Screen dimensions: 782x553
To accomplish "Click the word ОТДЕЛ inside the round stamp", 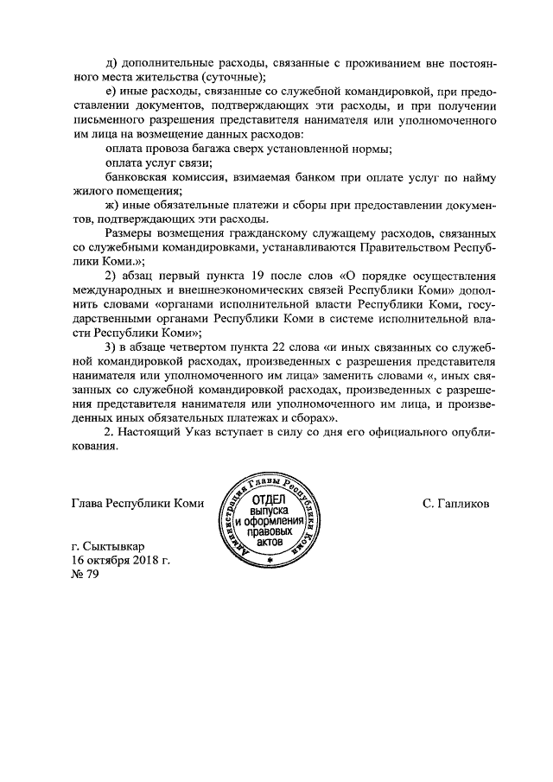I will (270, 500).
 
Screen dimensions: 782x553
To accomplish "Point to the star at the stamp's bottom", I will (270, 563).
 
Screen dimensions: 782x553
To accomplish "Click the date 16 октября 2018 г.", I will (122, 563).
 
